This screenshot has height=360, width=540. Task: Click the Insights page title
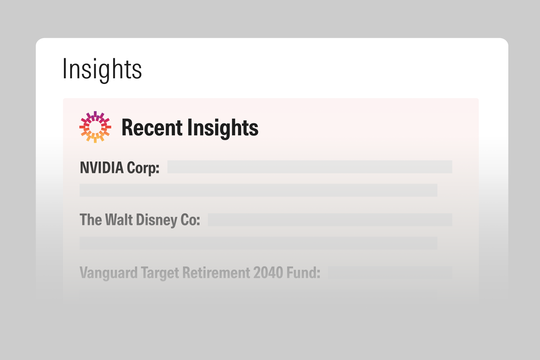point(102,69)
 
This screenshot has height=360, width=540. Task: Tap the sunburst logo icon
point(95,127)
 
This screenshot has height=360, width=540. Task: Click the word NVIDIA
point(102,167)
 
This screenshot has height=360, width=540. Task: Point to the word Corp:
point(143,167)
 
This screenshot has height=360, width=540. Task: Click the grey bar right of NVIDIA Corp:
point(310,167)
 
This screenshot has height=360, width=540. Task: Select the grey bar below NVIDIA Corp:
point(258,190)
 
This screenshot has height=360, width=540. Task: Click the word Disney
point(157,220)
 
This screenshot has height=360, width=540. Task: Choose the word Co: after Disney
point(190,220)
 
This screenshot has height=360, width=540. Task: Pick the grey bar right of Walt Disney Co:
point(330,220)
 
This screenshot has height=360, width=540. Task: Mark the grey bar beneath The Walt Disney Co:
point(258,243)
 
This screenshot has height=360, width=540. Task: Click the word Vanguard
point(109,273)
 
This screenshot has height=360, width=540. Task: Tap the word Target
point(160,273)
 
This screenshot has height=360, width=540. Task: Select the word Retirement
point(216,273)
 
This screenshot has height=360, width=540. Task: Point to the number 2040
point(268,273)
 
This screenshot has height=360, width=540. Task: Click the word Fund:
point(303,273)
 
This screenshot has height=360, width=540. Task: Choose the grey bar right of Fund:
point(390,273)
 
